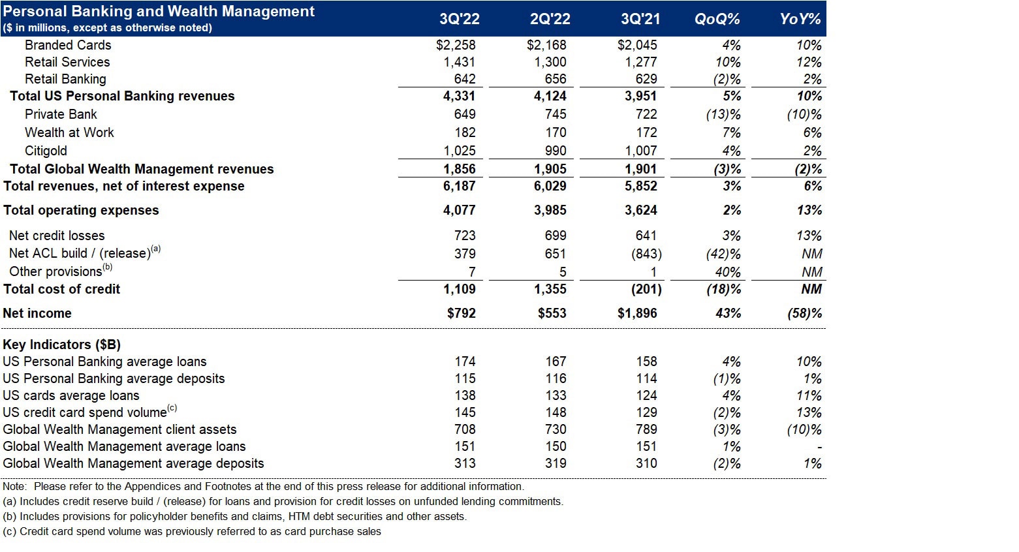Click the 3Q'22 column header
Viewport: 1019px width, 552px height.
[x=460, y=19]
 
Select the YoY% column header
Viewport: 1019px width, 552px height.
[x=800, y=19]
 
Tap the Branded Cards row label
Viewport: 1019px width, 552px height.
[x=68, y=45]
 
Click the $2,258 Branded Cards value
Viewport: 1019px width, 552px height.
[x=456, y=45]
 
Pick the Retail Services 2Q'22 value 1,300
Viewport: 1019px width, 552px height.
[x=550, y=62]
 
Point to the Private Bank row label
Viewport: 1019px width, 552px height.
[x=61, y=114]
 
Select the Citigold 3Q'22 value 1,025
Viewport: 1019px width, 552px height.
[x=460, y=151]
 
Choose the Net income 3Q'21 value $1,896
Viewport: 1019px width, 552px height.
[x=637, y=313]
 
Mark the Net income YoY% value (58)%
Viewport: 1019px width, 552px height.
[x=804, y=313]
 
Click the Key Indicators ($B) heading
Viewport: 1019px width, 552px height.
[x=61, y=345]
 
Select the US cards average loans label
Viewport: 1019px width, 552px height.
[x=71, y=395]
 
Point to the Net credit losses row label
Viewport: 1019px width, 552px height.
[x=57, y=236]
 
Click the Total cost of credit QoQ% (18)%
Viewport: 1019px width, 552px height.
[x=723, y=289]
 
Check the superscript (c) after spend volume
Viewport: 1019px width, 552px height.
[x=172, y=408]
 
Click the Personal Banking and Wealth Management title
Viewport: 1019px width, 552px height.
[x=159, y=11]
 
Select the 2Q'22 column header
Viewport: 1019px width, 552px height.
[x=550, y=19]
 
